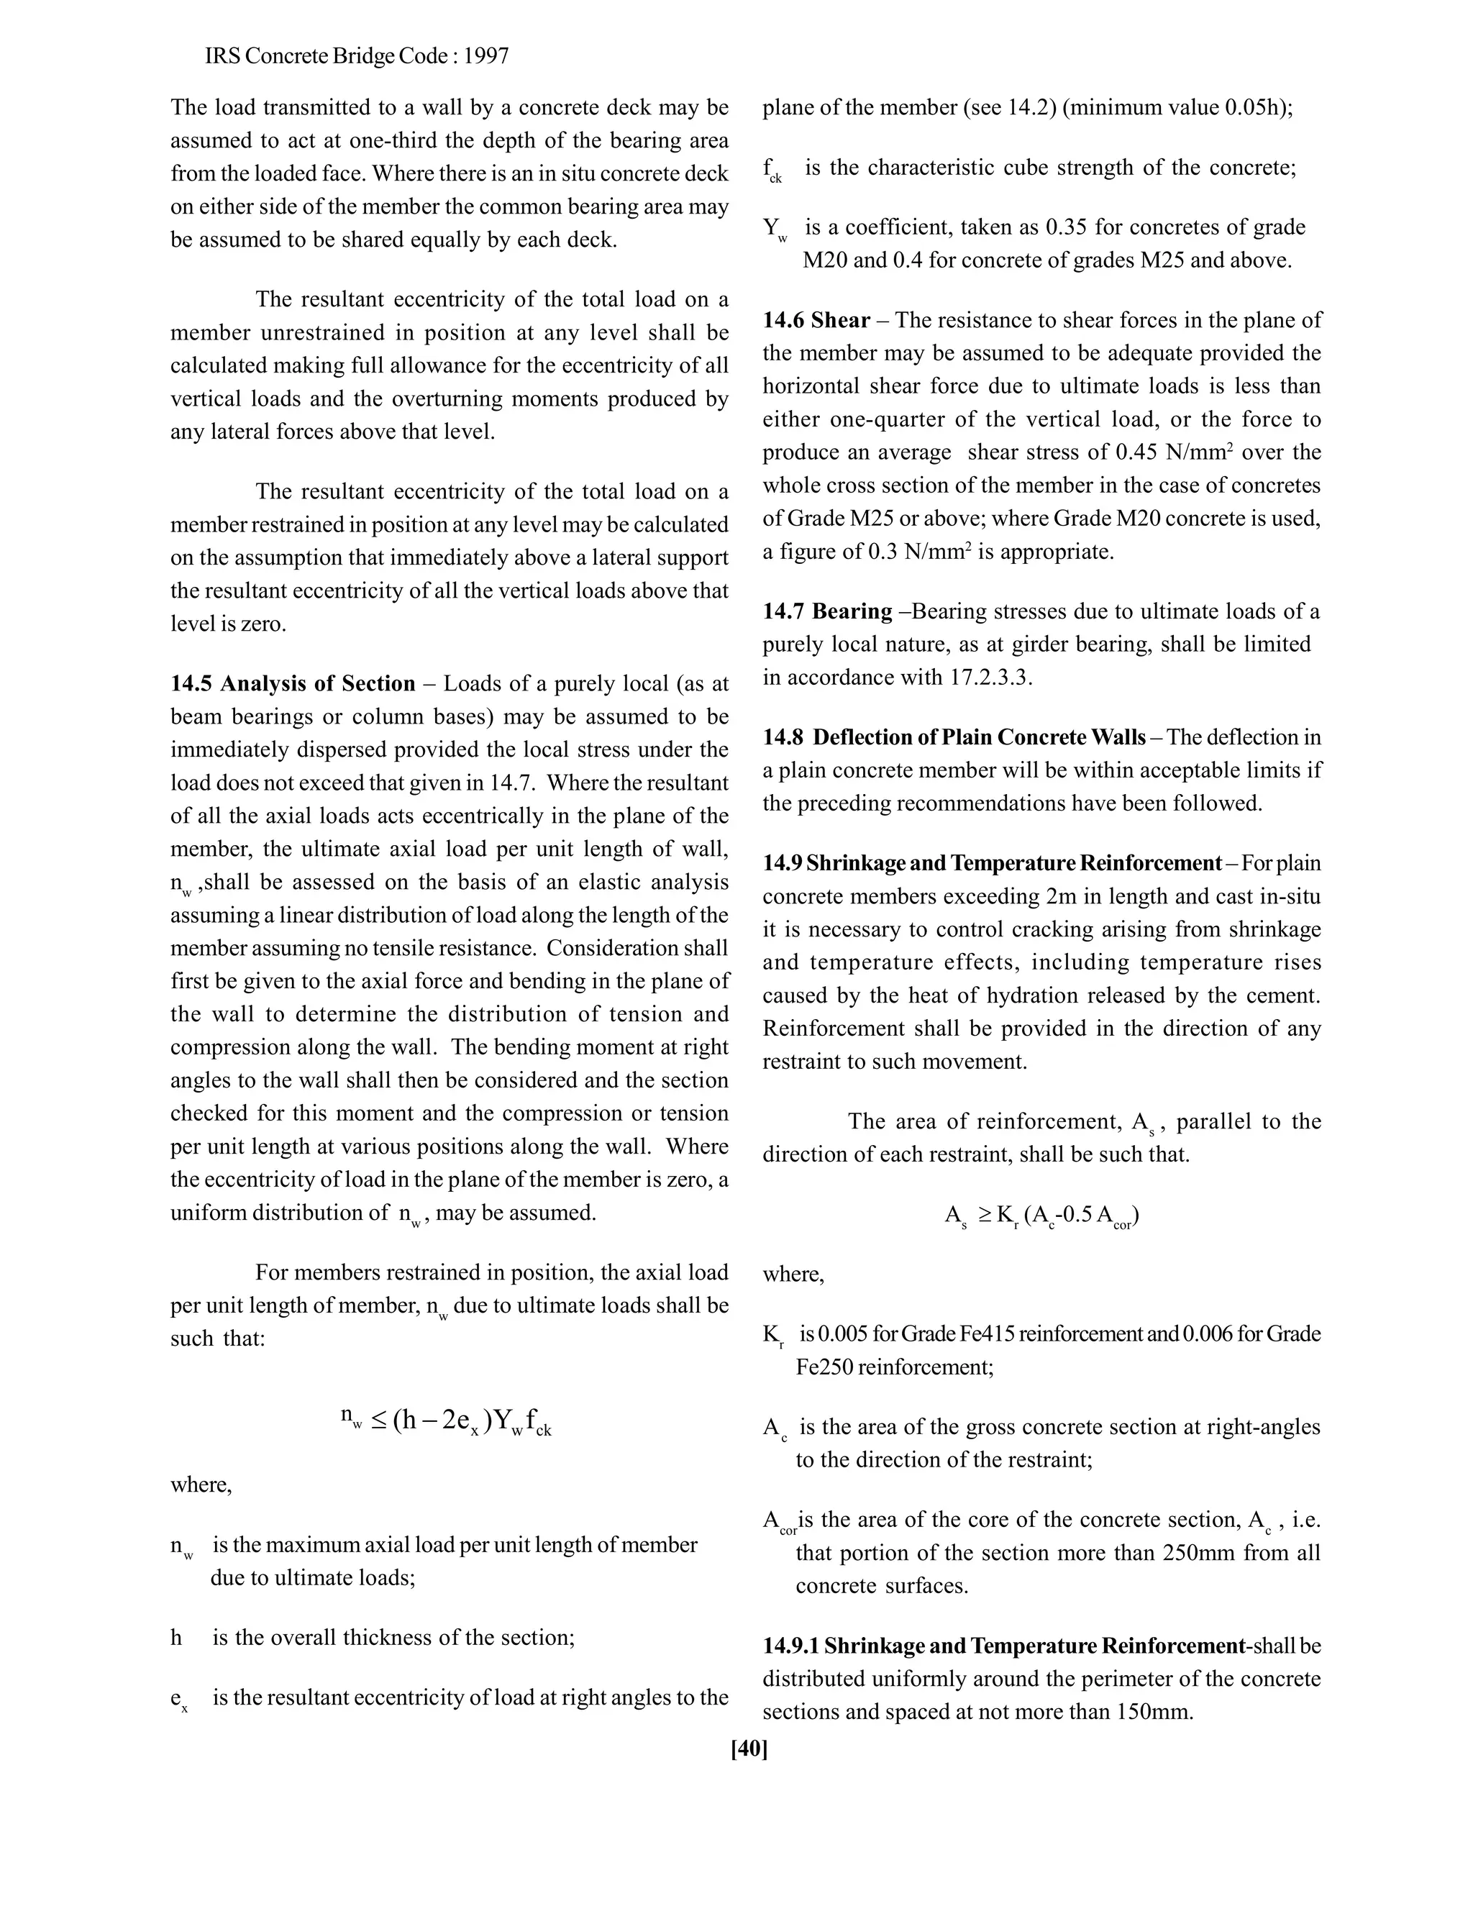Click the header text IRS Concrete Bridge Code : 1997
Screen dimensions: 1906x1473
click(x=357, y=57)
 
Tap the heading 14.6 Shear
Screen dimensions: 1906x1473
click(x=816, y=320)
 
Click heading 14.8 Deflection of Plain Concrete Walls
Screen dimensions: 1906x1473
click(x=954, y=737)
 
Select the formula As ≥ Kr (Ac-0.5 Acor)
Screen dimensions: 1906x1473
click(x=1041, y=1216)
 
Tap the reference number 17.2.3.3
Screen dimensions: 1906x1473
click(x=990, y=678)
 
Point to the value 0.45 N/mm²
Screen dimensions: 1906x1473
click(x=1174, y=452)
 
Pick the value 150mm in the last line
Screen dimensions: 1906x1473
click(x=1153, y=1713)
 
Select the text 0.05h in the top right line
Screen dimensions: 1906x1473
click(x=1256, y=108)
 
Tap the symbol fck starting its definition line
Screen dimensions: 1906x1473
click(x=772, y=170)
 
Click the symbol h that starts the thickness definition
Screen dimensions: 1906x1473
click(x=176, y=1638)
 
